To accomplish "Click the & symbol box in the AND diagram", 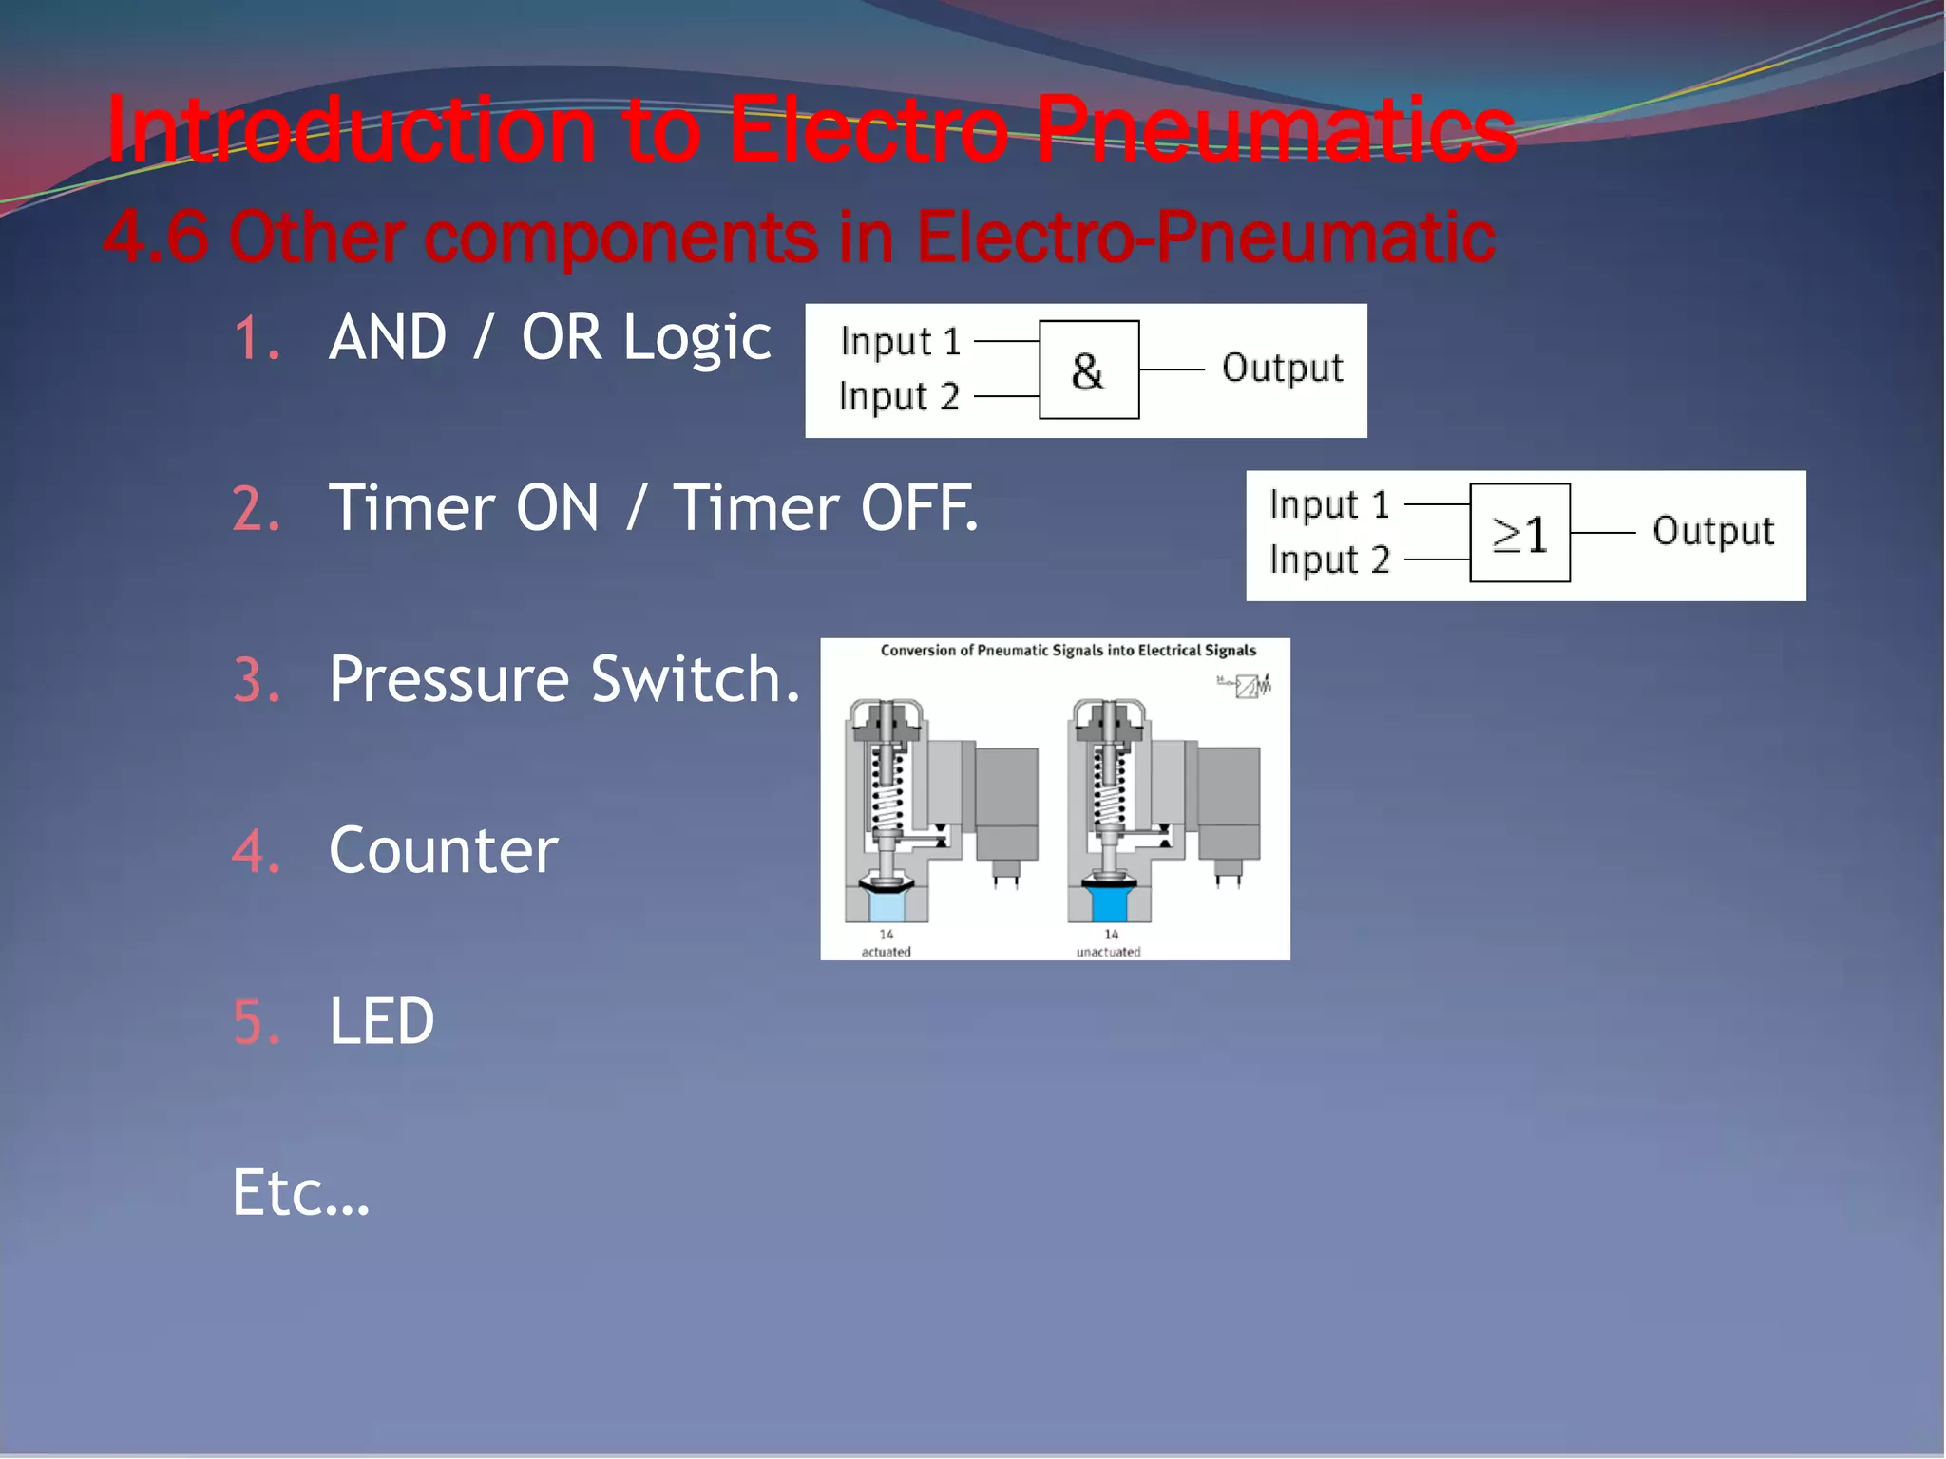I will (x=1088, y=369).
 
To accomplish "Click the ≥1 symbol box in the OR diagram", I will (x=1518, y=533).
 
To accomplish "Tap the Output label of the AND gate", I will (x=1282, y=368).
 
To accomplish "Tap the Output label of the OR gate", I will (x=1712, y=531).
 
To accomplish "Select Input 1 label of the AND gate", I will (x=900, y=341).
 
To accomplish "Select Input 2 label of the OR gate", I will (x=1329, y=559).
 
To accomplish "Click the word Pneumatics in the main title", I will (x=1275, y=130).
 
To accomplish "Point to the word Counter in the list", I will (x=443, y=850).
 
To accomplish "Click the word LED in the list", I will (x=381, y=1021).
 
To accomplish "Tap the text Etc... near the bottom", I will (x=300, y=1193).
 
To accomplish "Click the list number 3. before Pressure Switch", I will (x=257, y=681).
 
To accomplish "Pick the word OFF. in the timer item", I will (x=918, y=508).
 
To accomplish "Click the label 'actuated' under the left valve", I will (x=886, y=952).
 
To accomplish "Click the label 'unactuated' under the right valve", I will (x=1108, y=952).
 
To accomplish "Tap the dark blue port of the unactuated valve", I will (x=1108, y=904).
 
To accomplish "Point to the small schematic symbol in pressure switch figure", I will (x=1245, y=685).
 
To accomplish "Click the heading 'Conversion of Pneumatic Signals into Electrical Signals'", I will (x=1068, y=651).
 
